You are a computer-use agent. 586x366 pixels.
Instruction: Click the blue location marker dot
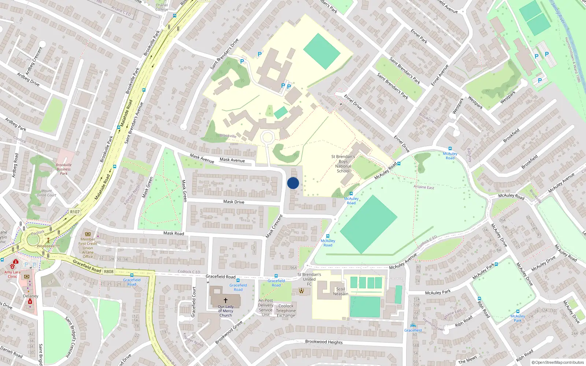pos(293,183)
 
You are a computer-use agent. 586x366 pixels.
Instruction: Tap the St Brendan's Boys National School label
pos(343,164)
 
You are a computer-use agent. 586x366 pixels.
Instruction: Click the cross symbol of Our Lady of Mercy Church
pos(226,300)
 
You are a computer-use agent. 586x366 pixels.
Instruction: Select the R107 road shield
pos(75,212)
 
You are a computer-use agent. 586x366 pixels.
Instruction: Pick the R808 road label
pos(109,272)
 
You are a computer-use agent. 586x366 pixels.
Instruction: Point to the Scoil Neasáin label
pos(341,291)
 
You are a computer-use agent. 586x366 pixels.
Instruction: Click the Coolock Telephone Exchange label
pos(286,310)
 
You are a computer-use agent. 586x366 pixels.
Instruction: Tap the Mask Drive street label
pos(234,202)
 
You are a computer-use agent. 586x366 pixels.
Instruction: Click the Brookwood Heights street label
pos(324,342)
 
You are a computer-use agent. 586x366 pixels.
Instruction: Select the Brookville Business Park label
pos(64,169)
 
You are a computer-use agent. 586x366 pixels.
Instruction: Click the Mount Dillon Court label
pos(47,193)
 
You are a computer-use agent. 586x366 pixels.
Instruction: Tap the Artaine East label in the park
pos(424,187)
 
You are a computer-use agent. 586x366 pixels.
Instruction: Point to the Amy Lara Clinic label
pos(12,274)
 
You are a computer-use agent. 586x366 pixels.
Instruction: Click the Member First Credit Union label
pos(88,248)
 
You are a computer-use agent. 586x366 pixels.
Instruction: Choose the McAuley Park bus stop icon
pos(518,311)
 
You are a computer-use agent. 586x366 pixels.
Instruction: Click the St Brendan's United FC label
pos(309,279)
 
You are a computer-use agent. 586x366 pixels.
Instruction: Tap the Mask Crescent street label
pos(274,226)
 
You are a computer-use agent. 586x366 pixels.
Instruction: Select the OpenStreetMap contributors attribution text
pos(557,362)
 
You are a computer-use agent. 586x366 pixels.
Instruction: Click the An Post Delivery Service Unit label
pos(266,307)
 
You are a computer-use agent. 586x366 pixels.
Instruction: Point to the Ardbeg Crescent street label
pos(34,61)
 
